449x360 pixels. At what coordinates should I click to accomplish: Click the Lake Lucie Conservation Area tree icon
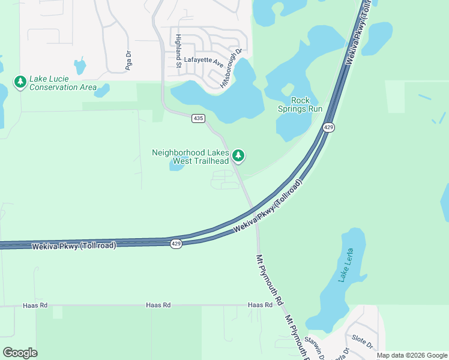[x=20, y=82]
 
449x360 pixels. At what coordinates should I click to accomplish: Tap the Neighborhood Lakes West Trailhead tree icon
[x=239, y=156]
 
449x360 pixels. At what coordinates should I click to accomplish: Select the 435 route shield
[x=198, y=119]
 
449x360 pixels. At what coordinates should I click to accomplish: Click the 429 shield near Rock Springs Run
[x=328, y=127]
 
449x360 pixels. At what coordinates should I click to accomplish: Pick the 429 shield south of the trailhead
[x=175, y=244]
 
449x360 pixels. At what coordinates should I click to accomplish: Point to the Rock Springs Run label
[x=300, y=104]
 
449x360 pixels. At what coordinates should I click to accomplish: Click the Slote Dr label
[x=363, y=342]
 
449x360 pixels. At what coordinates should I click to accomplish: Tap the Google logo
[x=20, y=353]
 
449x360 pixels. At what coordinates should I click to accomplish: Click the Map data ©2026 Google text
[x=412, y=355]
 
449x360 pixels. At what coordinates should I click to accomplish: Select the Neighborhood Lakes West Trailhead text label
[x=190, y=157]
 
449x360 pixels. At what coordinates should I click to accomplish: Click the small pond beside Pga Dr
[x=80, y=65]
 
